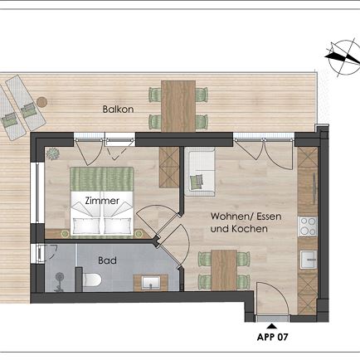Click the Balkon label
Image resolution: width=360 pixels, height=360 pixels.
click(x=119, y=109)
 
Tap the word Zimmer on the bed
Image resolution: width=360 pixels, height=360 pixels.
click(x=102, y=201)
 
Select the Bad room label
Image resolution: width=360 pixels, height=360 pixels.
click(x=107, y=260)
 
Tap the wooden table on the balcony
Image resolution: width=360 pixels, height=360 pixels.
click(x=178, y=105)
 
